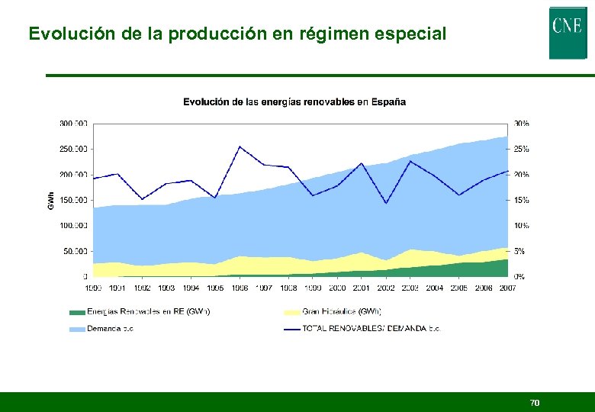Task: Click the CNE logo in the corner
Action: click(x=568, y=32)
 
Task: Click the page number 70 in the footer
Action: click(x=535, y=402)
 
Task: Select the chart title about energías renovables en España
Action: click(x=294, y=101)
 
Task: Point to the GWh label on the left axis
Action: click(x=51, y=200)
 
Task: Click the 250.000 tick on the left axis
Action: click(x=73, y=149)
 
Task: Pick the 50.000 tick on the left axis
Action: click(x=75, y=251)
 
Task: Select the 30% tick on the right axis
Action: click(x=521, y=124)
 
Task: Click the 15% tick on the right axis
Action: click(x=521, y=200)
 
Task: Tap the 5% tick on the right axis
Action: click(x=519, y=251)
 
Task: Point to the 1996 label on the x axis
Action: click(x=240, y=288)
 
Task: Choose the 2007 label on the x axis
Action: click(x=507, y=288)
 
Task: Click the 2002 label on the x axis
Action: click(x=386, y=288)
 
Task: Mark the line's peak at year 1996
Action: click(x=240, y=146)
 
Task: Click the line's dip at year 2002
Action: click(x=386, y=203)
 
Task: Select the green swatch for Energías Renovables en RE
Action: click(x=76, y=311)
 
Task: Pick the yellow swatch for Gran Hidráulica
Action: click(x=292, y=311)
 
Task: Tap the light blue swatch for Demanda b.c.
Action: click(x=76, y=328)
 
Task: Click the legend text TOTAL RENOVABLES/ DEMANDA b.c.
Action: click(x=371, y=328)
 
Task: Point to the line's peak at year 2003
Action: click(x=410, y=161)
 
